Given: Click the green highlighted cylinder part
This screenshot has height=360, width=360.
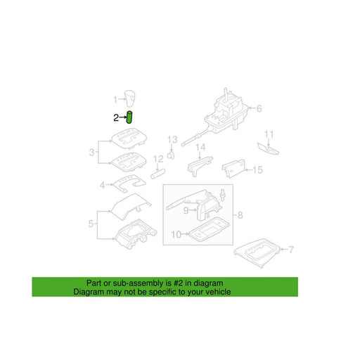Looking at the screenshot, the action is click(129, 117).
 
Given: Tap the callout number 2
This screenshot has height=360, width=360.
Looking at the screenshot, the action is click(116, 117).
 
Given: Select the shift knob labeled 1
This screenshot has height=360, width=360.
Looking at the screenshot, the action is click(129, 98).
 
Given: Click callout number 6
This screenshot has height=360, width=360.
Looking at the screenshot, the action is click(259, 108).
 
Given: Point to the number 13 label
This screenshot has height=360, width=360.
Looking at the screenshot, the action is click(172, 140).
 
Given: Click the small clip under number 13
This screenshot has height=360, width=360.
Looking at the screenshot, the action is click(172, 155).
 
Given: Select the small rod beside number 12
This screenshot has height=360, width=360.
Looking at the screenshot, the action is click(157, 174).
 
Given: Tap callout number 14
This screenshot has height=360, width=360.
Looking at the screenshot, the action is click(200, 147).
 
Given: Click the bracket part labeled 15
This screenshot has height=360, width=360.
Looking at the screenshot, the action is click(233, 169).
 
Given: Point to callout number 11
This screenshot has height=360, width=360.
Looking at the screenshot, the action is click(269, 134).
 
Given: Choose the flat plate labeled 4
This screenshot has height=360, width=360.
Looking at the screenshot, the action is click(129, 184).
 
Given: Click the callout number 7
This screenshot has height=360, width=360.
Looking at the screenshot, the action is click(290, 250).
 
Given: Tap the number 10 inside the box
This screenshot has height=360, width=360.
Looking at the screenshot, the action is click(176, 234).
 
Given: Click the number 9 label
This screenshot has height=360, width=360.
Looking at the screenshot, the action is click(186, 210).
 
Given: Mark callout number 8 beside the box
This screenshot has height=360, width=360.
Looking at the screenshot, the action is click(240, 215).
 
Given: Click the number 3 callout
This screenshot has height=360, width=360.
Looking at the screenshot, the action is click(91, 153).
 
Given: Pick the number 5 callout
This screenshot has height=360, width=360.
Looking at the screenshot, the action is click(91, 224).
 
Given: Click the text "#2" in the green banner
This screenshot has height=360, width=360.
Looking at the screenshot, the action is click(178, 283).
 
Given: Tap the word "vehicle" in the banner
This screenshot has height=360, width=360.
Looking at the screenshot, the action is click(218, 292).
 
